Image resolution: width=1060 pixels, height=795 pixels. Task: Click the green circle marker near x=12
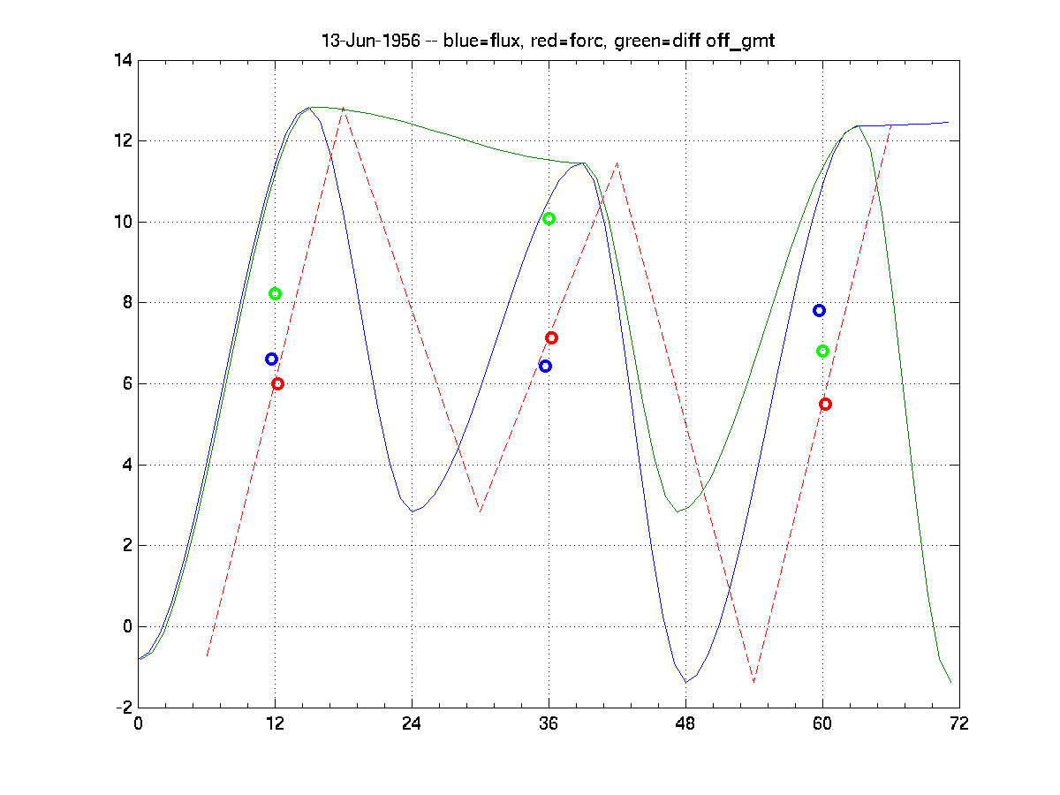[x=275, y=293]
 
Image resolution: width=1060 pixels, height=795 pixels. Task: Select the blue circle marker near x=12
[x=271, y=359]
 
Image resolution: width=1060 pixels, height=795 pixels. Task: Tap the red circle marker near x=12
[x=277, y=383]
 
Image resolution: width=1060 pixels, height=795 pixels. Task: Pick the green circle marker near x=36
[x=549, y=218]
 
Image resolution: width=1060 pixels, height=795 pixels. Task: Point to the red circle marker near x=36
[x=551, y=337]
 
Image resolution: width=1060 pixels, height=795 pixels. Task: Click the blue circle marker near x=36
[x=545, y=366]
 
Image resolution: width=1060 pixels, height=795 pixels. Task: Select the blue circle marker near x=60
[x=819, y=310]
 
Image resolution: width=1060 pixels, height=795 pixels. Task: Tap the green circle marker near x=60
[x=822, y=351]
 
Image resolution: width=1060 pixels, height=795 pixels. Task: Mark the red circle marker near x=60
[x=825, y=404]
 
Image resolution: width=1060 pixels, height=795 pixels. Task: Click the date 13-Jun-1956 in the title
[x=370, y=42]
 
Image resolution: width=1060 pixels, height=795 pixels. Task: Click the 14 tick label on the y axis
[x=122, y=60]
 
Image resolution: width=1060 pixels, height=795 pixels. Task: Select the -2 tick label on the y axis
[x=122, y=708]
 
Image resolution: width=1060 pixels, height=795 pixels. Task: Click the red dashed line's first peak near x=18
[x=343, y=108]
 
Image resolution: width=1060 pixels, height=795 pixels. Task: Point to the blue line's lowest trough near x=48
[x=685, y=682]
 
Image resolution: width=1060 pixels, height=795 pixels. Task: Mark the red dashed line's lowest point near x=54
[x=753, y=682]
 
